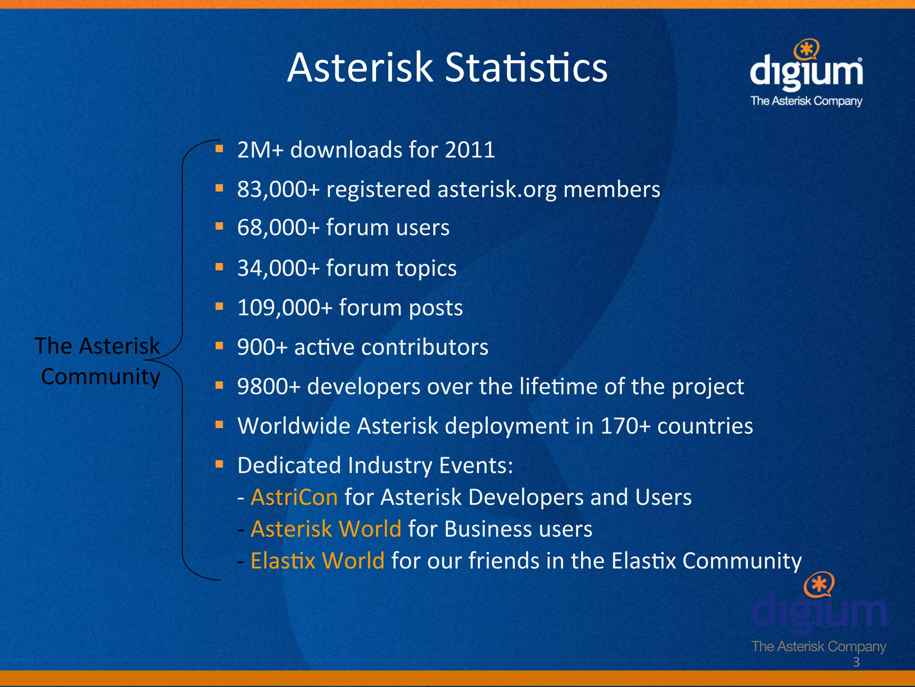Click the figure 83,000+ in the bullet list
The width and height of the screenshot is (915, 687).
point(278,189)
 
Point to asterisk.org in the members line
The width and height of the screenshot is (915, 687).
point(497,189)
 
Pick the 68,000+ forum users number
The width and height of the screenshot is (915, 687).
point(278,227)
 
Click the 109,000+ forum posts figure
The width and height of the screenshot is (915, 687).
point(285,308)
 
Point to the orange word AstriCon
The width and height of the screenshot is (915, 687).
point(294,497)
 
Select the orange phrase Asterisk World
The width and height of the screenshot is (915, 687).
point(326,529)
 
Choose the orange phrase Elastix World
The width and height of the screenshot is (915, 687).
point(318,561)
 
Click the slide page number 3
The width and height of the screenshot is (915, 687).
point(856,662)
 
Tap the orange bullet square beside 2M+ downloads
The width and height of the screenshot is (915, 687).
point(219,148)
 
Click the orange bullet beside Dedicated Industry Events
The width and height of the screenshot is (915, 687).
point(219,464)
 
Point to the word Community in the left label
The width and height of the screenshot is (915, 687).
point(101,377)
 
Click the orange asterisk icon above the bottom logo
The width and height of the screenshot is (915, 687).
point(818,584)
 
